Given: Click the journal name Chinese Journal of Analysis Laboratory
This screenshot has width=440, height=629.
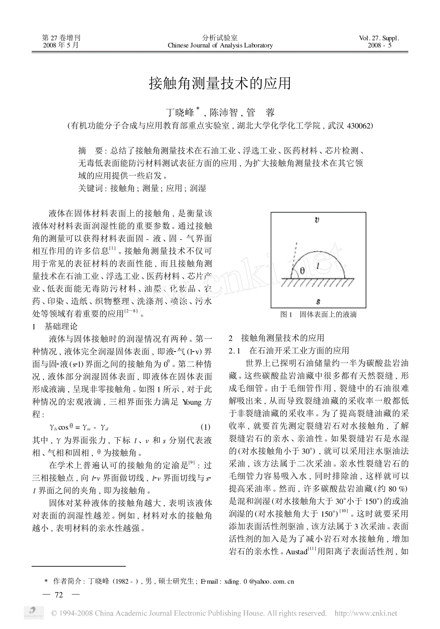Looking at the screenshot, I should coord(220,45).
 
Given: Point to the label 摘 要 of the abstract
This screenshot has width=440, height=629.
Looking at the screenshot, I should coord(89,150).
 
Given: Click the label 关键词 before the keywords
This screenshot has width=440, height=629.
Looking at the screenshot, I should coord(90,188).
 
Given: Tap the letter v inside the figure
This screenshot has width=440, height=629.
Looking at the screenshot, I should coord(317,220).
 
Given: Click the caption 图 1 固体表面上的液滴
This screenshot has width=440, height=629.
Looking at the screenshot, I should coord(318,315).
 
